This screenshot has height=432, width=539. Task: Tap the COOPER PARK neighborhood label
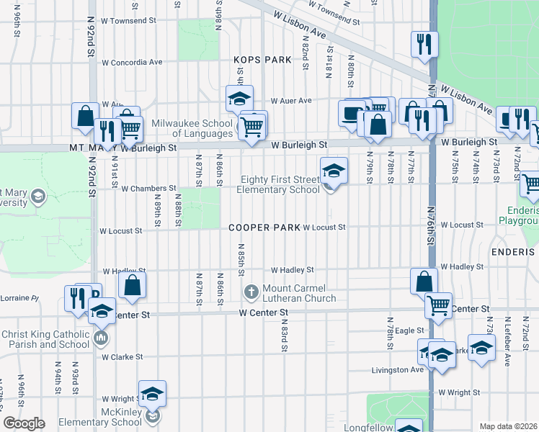(264, 228)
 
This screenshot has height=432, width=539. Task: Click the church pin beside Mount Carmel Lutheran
(251, 292)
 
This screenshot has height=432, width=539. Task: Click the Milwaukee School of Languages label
(194, 127)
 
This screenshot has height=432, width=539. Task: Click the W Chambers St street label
(148, 189)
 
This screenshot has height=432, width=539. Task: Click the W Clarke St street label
(122, 356)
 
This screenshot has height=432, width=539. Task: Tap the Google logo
(24, 423)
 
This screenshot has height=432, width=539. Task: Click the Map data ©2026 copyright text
(507, 426)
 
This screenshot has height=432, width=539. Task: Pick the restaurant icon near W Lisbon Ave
(425, 43)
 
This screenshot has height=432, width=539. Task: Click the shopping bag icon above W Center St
(133, 284)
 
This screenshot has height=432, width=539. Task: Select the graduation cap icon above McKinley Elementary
(152, 393)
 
